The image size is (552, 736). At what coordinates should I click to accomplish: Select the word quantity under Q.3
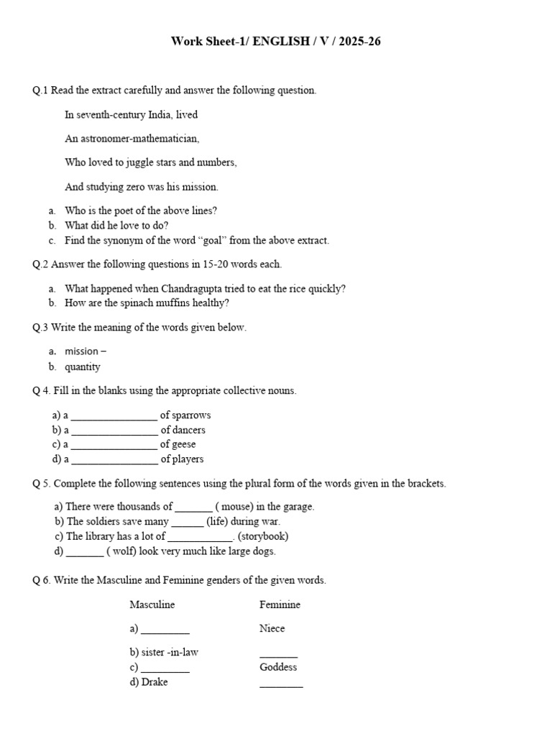[x=83, y=367]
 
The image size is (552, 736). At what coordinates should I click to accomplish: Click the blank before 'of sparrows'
[x=114, y=415]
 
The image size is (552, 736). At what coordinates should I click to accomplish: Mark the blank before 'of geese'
[x=114, y=445]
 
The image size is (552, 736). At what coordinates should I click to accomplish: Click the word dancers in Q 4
[x=189, y=431]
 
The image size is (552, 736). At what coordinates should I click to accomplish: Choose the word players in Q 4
[x=188, y=459]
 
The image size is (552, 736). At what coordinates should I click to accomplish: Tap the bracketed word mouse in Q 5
[x=236, y=507]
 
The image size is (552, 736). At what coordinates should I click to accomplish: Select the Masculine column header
[x=152, y=605]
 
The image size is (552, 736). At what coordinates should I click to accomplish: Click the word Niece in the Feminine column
[x=272, y=629]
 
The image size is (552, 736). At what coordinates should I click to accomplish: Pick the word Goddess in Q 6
[x=278, y=667]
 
